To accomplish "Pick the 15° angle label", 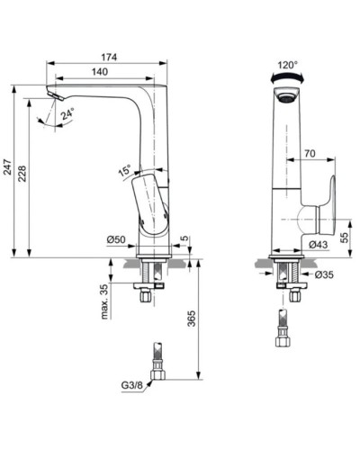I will [x=123, y=169].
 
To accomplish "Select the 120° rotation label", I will [x=287, y=65].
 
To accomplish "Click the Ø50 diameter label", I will [x=115, y=239].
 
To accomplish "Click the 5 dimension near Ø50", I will [x=184, y=238].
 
